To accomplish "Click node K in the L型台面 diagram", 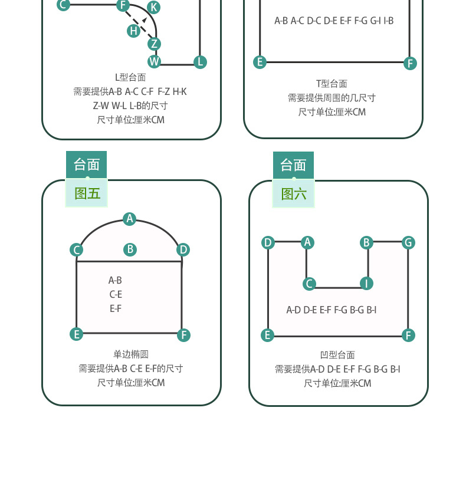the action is pos(153,7).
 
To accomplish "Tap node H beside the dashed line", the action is pos(134,31).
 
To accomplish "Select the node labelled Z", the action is pos(154,44).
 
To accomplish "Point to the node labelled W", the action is pos(154,61).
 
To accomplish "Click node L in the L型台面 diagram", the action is pos(200,63).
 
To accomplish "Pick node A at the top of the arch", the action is pos(130,219).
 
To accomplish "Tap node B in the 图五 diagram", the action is pos(130,249).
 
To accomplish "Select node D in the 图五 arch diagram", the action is pos(183,250).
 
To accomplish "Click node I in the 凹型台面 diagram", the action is pos(366,283).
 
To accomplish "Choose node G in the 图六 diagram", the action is pos(408,243).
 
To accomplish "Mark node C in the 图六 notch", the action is pos(310,284).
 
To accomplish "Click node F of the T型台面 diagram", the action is pos(410,64).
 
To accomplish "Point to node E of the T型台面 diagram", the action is pos(260,62).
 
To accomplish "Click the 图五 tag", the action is pos(87,193).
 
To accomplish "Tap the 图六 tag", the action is pos(294,194).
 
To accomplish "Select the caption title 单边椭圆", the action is pos(131,354).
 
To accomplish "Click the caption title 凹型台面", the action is pos(337,355).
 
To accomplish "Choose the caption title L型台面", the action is pos(130,77).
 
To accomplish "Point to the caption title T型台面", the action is pos(332,84).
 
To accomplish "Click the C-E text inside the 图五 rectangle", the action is pos(116,294).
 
